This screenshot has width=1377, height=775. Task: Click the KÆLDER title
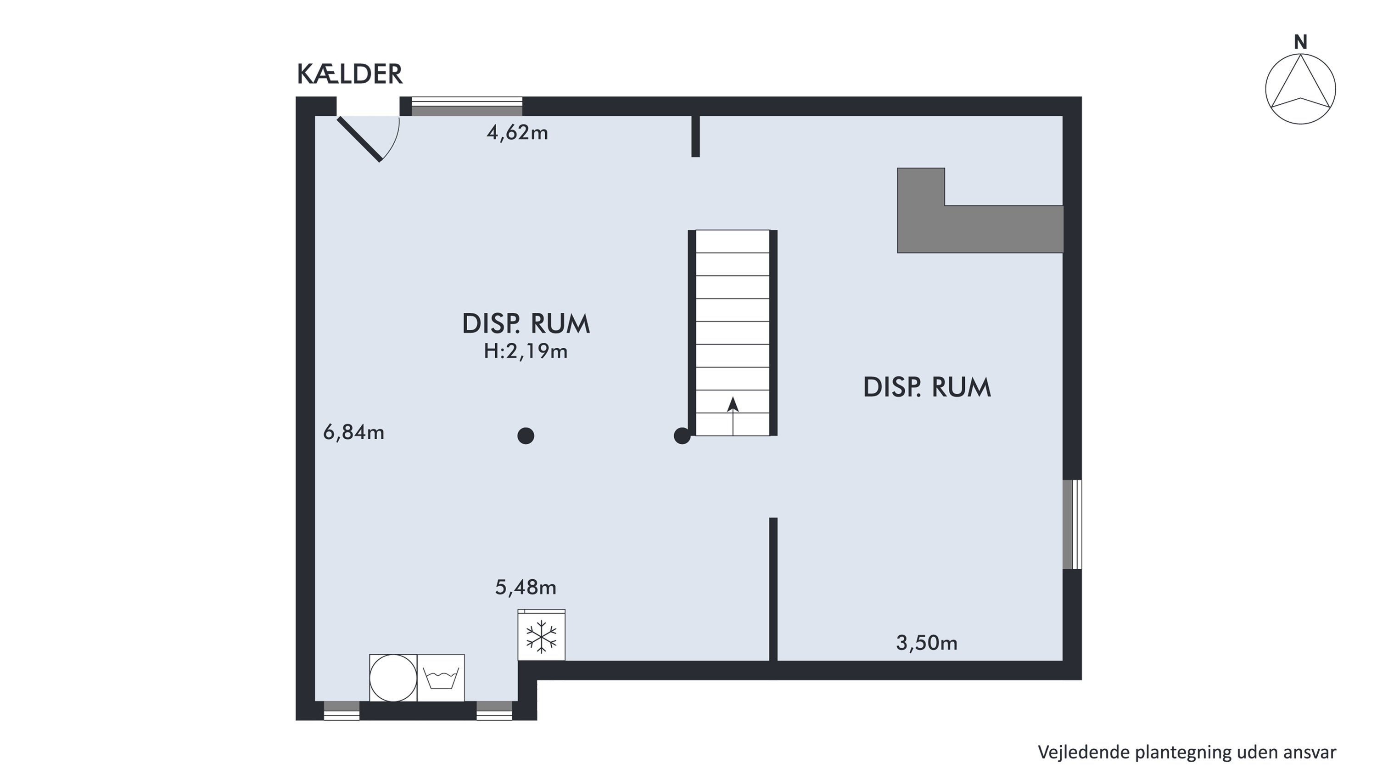click(x=350, y=74)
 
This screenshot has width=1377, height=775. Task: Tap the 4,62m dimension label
click(x=517, y=133)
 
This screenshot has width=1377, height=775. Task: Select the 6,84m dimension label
click(x=353, y=432)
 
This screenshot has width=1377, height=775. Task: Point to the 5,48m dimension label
click(x=526, y=587)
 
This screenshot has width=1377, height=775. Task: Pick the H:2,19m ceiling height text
click(x=526, y=351)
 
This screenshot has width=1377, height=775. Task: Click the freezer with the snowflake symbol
click(x=542, y=635)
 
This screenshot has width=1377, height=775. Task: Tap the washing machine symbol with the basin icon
click(x=441, y=678)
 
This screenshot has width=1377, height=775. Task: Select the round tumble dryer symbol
click(x=393, y=678)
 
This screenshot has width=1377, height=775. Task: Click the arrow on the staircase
click(x=733, y=416)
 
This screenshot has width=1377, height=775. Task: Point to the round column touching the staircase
click(x=682, y=436)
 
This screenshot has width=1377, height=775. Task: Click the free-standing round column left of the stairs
click(x=526, y=436)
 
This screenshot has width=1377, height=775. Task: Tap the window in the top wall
click(x=467, y=107)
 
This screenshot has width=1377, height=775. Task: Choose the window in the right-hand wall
click(x=1072, y=524)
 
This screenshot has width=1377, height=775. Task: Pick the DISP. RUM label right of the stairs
click(x=927, y=387)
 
